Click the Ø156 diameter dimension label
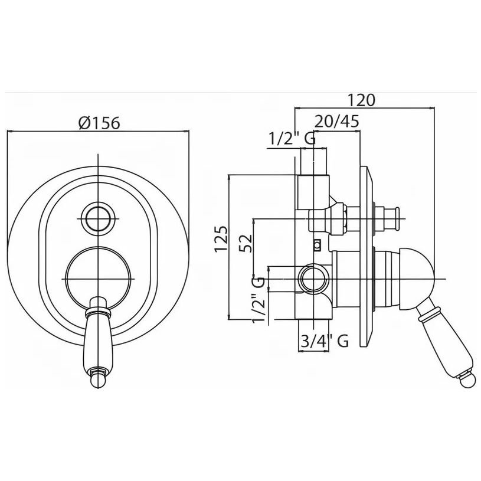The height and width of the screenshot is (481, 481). point(99,123)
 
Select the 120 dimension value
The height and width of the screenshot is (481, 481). point(361,100)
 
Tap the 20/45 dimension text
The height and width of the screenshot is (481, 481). point(337,121)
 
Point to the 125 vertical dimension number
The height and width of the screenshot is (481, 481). point(221,238)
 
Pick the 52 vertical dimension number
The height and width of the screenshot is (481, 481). point(246,243)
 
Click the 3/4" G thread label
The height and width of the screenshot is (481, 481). point(325,341)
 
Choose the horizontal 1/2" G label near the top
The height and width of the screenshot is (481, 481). point(292,139)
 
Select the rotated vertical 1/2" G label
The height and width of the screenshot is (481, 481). point(258,300)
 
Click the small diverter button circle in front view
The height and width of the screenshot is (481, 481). point(98,219)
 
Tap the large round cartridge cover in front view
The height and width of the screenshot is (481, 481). point(98,279)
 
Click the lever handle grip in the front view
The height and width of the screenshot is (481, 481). point(98,343)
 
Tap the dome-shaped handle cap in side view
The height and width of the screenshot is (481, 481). point(417,279)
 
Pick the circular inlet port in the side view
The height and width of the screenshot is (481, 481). point(314,280)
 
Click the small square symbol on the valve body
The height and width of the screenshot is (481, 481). point(318,245)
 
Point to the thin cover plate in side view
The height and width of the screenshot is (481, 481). point(367,257)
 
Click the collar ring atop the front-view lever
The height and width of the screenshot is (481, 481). point(98,312)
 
